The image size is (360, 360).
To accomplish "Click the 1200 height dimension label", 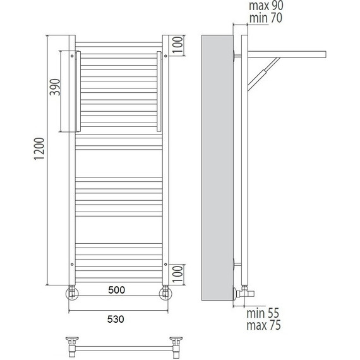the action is [39, 149].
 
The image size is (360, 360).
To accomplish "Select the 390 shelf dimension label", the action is [55, 87].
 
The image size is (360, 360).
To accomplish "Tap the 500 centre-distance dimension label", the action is [117, 290].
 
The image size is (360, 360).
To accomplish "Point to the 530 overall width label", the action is [116, 319].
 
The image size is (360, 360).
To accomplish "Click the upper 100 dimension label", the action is [177, 45].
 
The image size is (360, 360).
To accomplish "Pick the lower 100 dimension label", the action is [177, 274].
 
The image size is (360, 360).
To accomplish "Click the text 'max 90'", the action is [266, 6].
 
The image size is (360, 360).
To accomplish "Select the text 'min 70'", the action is [266, 18].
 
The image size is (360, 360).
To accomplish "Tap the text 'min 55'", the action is [263, 313].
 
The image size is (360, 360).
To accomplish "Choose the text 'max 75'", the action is [263, 325].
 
